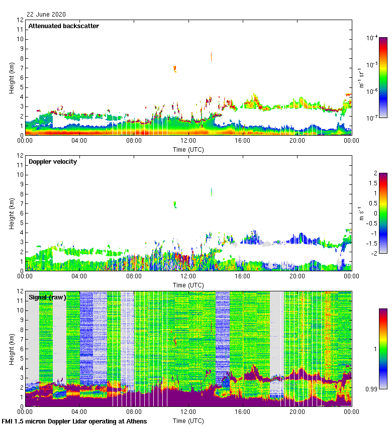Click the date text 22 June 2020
tap(46, 15)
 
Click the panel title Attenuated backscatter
tap(64, 26)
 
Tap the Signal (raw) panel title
tap(48, 297)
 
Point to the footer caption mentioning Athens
tap(74, 421)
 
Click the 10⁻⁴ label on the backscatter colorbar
tap(372, 38)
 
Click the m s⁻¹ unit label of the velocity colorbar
tap(360, 213)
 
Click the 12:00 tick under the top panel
tap(188, 141)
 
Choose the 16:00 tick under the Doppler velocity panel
tap(243, 276)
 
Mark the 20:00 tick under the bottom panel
tap(297, 412)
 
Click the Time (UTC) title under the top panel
tap(188, 149)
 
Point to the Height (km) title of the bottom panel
tap(11, 349)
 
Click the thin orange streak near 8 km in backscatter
tap(212, 56)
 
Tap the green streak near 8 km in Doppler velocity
tap(212, 192)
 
